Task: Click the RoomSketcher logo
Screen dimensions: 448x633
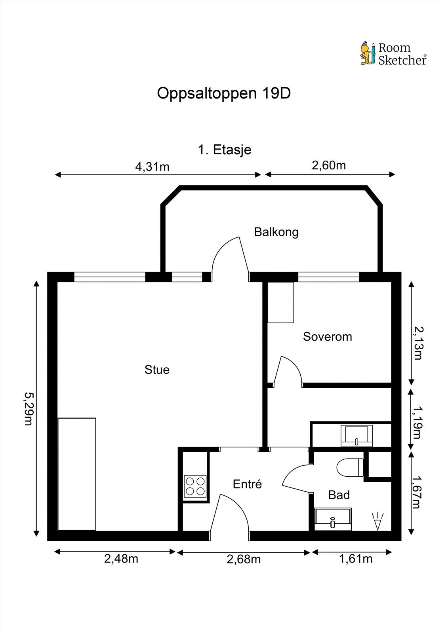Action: pos(393,54)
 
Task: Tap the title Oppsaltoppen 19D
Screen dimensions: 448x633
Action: pos(224,93)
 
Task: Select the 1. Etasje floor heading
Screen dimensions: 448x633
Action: pos(225,150)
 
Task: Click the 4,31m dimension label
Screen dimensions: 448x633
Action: pos(152,167)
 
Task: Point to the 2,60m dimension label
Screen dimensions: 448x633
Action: pos(329,165)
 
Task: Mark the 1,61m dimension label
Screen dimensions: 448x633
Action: pos(356,559)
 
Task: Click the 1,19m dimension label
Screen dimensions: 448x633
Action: pos(417,423)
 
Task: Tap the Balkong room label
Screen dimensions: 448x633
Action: pos(276,232)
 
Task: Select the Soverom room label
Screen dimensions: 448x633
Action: pos(328,337)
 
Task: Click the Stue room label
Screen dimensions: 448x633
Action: pos(157,370)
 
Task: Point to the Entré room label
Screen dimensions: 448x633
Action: pos(247,484)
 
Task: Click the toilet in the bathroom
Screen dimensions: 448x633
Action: pos(350,467)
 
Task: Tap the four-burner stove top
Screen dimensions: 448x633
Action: pos(195,486)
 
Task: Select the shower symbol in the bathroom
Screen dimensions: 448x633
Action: pos(378,521)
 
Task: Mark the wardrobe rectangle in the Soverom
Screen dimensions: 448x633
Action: pos(281,302)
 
